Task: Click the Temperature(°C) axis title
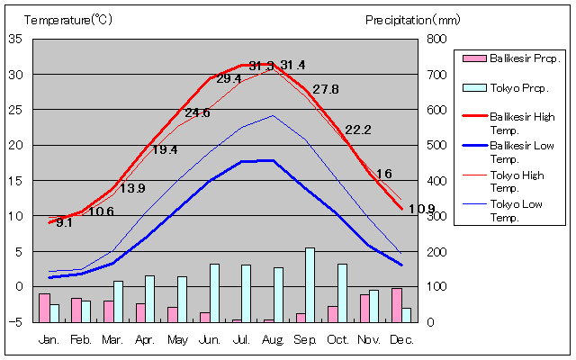pyautogui.click(x=67, y=19)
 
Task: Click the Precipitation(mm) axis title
pyautogui.click(x=412, y=19)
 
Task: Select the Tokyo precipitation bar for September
pyautogui.click(x=310, y=284)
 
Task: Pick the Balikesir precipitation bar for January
pyautogui.click(x=44, y=307)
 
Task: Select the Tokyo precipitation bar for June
pyautogui.click(x=214, y=292)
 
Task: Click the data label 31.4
pyautogui.click(x=292, y=65)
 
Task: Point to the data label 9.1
pyautogui.click(x=64, y=222)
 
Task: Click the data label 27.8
pyautogui.click(x=325, y=89)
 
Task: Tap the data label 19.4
pyautogui.click(x=164, y=149)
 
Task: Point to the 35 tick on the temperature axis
pyautogui.click(x=16, y=39)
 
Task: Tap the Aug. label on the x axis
pyautogui.click(x=273, y=339)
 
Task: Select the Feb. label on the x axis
pyautogui.click(x=82, y=339)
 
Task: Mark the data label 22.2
pyautogui.click(x=357, y=130)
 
